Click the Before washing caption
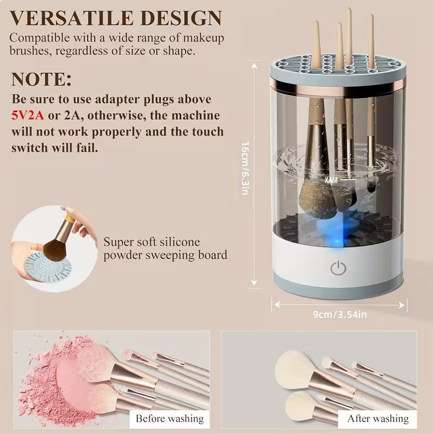[x=169, y=418]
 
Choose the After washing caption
[x=378, y=418]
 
